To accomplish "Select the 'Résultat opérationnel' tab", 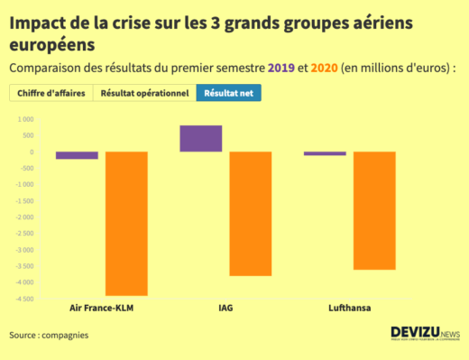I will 144,93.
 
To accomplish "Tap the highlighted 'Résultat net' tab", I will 228,93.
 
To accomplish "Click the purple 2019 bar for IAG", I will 201,138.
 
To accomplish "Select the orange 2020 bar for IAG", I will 250,213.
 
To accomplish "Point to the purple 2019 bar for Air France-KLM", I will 77,155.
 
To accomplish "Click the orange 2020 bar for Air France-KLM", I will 126,223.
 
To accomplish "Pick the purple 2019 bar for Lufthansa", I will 325,153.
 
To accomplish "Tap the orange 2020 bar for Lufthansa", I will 373,210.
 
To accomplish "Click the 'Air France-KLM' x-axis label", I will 101,308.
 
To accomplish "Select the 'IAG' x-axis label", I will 225,308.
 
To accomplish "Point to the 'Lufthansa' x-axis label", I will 349,308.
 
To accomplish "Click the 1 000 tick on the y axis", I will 23,119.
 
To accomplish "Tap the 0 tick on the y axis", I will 31,152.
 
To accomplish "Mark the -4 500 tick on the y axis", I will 23,299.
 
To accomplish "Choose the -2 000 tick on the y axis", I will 23,217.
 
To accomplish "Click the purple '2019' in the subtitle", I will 281,68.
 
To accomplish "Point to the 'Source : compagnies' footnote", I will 49,336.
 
